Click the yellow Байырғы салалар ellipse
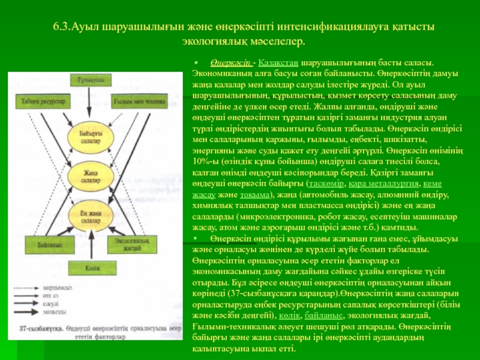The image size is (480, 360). (88, 141)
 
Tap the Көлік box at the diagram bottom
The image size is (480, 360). (88, 267)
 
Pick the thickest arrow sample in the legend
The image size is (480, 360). (37, 311)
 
